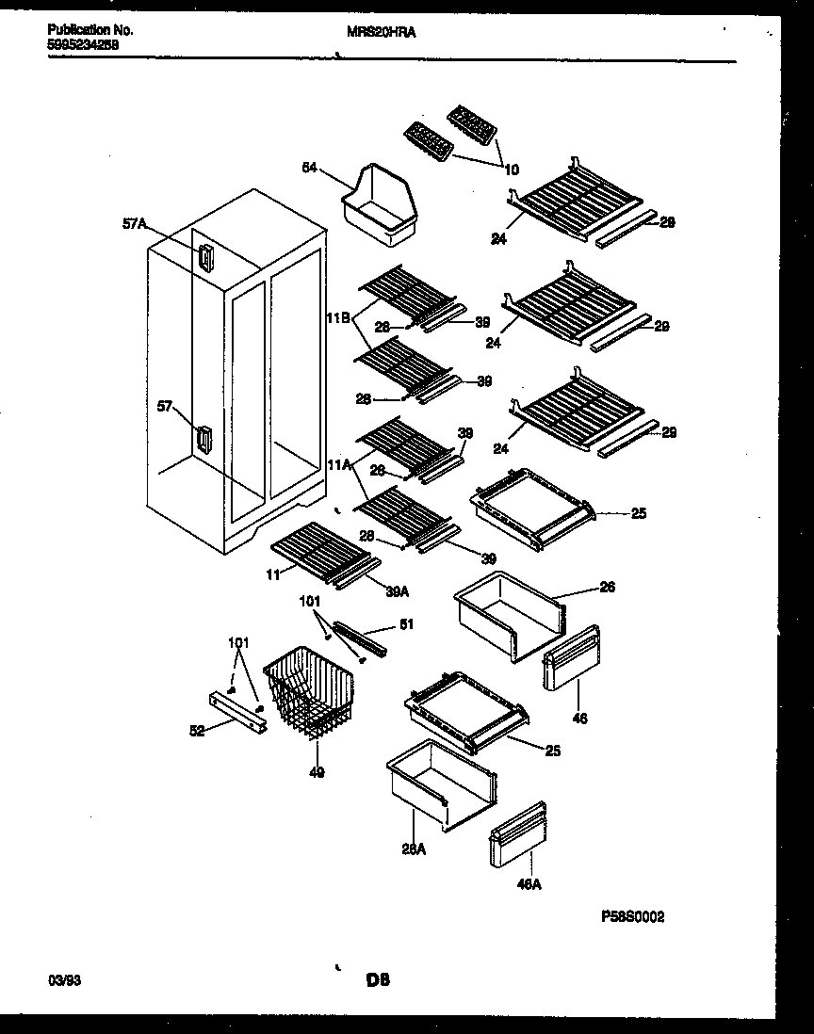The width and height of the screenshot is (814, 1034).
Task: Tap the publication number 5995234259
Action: point(83,43)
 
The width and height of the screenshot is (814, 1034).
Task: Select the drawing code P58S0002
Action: point(632,915)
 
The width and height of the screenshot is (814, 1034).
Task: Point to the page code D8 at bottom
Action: point(378,980)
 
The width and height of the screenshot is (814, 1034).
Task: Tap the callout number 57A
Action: point(136,224)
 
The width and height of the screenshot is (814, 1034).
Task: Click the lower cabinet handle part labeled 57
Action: point(204,440)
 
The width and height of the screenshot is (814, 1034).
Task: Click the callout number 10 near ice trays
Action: point(512,170)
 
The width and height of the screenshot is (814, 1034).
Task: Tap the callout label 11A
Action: point(339,465)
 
